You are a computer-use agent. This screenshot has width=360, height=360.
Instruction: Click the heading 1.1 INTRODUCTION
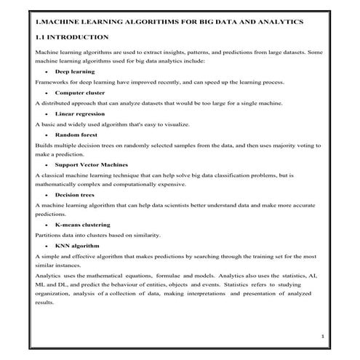pos(72,36)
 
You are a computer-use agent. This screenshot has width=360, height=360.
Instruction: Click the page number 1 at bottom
pos(321,337)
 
